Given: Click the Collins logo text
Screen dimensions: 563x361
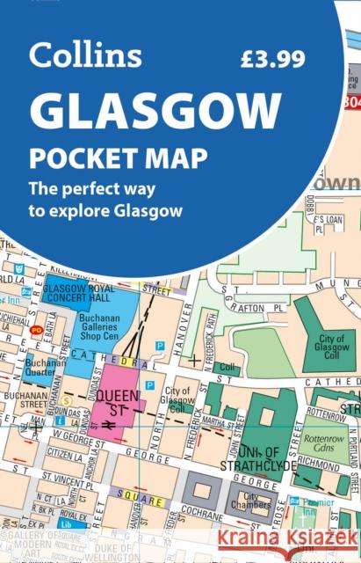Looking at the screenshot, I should click(x=85, y=55).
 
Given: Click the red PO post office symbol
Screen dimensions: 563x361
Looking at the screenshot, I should click(x=36, y=331).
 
